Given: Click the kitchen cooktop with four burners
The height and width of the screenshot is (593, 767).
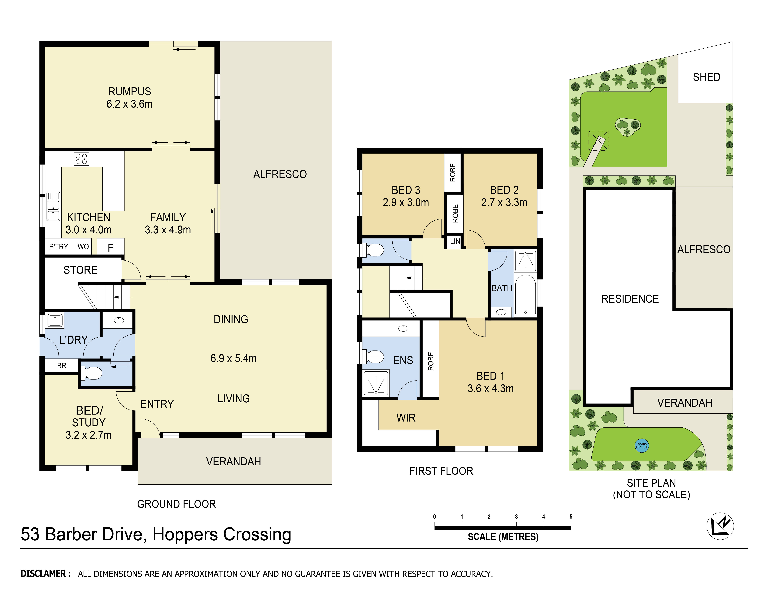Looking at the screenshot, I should (x=81, y=159).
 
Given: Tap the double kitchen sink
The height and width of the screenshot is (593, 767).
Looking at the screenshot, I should (x=53, y=206).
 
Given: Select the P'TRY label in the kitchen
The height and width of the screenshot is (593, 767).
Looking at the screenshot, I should (x=58, y=247).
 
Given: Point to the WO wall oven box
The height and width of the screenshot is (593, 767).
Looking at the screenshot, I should (x=83, y=247).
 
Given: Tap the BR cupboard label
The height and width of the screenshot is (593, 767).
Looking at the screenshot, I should (x=61, y=366).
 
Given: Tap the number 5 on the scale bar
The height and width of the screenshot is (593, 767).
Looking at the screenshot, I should (x=571, y=516).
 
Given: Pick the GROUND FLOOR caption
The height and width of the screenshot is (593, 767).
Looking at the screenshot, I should (x=176, y=504).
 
